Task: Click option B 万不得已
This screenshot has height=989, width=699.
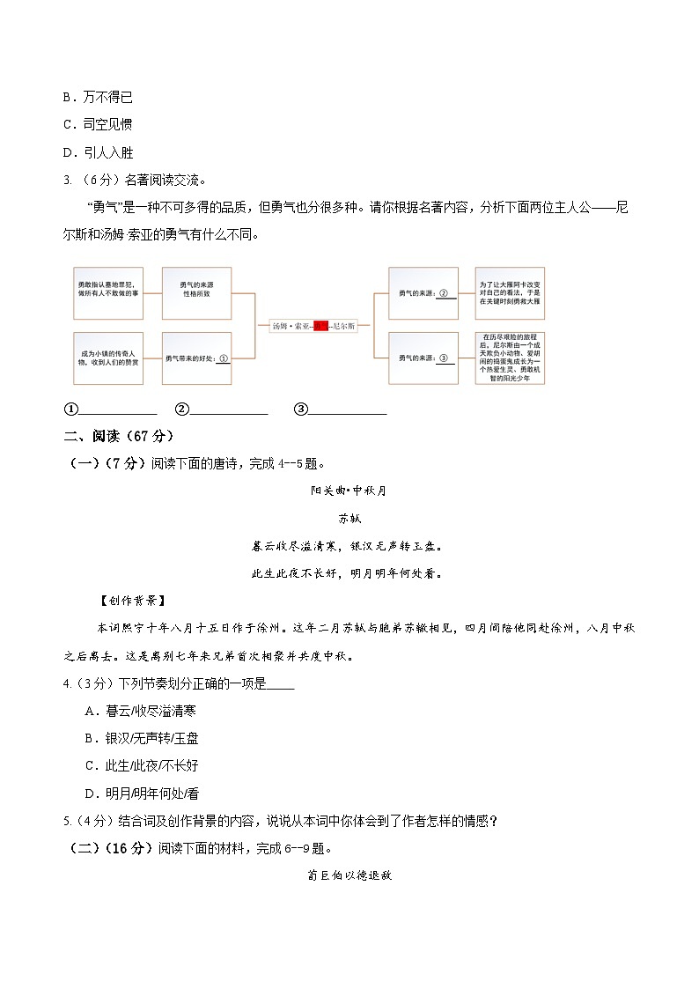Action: [x=98, y=97]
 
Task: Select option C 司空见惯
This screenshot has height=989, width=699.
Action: [x=98, y=124]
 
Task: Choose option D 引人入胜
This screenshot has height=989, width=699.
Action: [x=98, y=151]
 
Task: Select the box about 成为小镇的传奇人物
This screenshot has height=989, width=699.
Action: [x=107, y=358]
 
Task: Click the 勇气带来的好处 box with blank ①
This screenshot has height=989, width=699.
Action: [x=196, y=358]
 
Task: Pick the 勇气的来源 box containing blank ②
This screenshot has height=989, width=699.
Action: [x=423, y=293]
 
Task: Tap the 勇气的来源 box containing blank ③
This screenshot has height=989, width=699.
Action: [x=423, y=358]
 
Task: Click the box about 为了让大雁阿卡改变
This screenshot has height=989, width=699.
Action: [x=510, y=293]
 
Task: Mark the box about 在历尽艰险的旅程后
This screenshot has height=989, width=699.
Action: [x=510, y=358]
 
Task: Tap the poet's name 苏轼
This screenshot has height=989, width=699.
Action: [x=349, y=519]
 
